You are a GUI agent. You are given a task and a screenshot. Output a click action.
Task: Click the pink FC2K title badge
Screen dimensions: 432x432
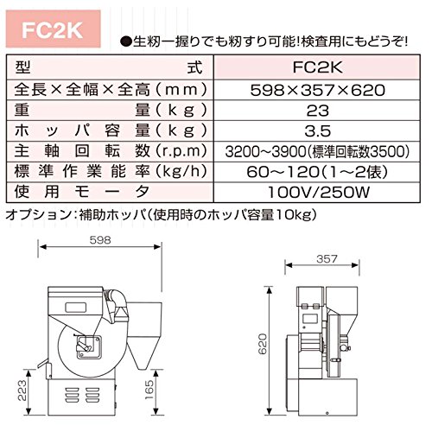[x=54, y=29]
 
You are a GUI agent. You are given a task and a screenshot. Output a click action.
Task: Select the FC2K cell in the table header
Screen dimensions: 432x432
[x=317, y=67]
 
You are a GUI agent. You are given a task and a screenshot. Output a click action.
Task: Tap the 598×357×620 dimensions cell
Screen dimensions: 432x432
[x=317, y=90]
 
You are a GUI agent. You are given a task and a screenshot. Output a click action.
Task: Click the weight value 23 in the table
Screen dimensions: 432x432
[x=317, y=111]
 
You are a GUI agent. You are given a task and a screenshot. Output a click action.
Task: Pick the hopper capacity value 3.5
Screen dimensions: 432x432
[x=317, y=131]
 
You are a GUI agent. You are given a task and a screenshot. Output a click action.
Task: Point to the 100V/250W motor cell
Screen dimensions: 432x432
[x=317, y=193]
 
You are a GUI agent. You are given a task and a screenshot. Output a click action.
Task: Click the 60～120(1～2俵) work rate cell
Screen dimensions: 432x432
[x=317, y=172]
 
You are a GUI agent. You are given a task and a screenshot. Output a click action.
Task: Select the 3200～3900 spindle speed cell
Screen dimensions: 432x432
[x=317, y=151]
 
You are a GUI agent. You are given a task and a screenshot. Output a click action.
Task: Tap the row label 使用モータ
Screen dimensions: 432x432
[x=82, y=192]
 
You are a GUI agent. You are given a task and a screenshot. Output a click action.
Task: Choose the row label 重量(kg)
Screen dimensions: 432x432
[x=111, y=111]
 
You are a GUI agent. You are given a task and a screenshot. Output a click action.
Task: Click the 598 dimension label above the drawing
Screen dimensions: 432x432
[x=100, y=240]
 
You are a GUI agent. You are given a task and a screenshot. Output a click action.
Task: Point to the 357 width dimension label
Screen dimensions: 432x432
[x=327, y=259]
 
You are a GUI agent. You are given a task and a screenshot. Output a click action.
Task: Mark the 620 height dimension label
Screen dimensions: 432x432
[x=263, y=344]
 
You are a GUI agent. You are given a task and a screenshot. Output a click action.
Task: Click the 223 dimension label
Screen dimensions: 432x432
[x=22, y=391]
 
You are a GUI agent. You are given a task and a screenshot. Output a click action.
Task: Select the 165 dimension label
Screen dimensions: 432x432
[x=149, y=390]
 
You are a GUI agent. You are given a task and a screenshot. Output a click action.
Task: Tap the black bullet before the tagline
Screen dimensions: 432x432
[x=125, y=42]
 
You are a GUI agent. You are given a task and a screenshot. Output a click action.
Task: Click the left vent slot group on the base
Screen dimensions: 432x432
[x=72, y=395]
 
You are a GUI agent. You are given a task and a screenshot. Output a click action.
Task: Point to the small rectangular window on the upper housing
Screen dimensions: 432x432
[x=76, y=308]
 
